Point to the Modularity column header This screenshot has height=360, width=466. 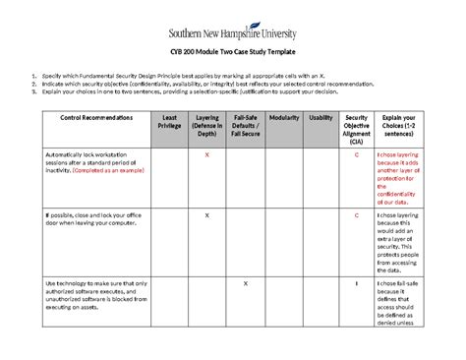coord(284,117)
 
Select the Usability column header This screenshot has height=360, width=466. coord(320,117)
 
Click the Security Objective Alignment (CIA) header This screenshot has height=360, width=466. coord(356,128)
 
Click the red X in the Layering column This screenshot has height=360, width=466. coord(206,155)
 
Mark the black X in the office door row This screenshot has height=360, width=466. coord(206,213)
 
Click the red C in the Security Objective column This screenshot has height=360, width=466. coord(356,155)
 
